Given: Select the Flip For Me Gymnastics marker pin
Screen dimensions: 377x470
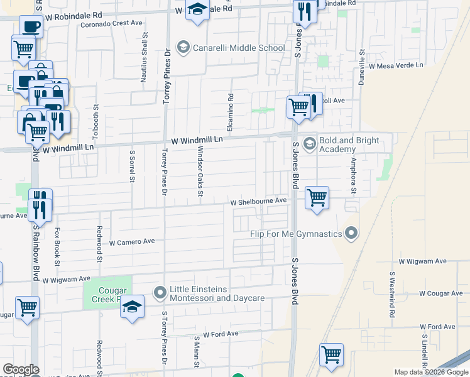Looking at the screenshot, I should (x=351, y=234).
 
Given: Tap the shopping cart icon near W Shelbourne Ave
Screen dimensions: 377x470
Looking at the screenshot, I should (x=317, y=198).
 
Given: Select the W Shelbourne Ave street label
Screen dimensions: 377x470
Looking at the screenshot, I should (x=258, y=202).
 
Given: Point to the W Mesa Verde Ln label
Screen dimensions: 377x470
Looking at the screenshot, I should (x=396, y=65).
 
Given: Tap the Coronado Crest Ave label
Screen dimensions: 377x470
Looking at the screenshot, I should (x=112, y=23).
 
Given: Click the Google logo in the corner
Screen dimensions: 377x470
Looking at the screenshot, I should (x=21, y=369).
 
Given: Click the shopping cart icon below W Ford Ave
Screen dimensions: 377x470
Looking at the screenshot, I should (x=331, y=354).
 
